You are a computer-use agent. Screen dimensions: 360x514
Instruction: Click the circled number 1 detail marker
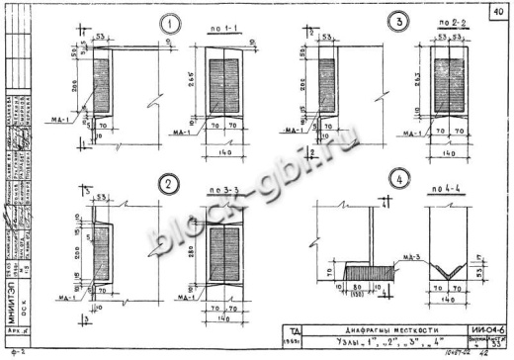click(x=144, y=23)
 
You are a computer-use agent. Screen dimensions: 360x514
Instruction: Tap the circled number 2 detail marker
click(x=141, y=183)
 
